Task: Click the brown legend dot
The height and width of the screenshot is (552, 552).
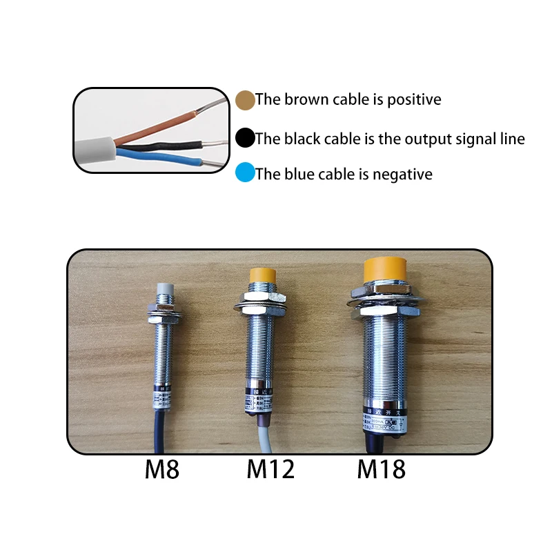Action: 244,100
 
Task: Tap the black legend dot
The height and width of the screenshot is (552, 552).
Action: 244,139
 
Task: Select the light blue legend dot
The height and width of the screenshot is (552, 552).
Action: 244,173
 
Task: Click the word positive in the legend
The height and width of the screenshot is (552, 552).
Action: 414,100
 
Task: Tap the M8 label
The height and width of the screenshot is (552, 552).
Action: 162,470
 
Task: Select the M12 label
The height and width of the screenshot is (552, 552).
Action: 270,470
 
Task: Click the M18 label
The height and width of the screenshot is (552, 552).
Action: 381,470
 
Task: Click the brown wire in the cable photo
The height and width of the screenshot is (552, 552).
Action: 155,124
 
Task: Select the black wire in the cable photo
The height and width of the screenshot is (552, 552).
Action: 166,146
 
